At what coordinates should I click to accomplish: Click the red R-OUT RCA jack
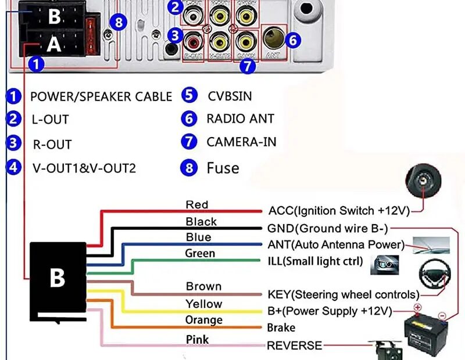pos(192,42)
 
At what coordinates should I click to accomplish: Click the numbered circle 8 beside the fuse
pos(119,23)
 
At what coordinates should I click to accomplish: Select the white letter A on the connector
pos(53,45)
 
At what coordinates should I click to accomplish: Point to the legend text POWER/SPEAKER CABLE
pos(101,96)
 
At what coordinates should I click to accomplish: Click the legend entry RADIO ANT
pos(240,119)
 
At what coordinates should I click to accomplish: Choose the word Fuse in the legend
pos(223,168)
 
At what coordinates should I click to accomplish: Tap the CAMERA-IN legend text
pos(241,142)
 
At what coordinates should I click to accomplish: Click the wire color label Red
pos(196,204)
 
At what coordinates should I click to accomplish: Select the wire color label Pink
pos(197,339)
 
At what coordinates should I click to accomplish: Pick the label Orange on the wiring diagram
pos(203,320)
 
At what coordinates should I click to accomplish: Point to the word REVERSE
pos(294,345)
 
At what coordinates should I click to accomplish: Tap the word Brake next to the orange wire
pos(281,327)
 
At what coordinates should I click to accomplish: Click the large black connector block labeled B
pos(58,279)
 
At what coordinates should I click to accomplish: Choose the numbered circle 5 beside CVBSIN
pos(189,96)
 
